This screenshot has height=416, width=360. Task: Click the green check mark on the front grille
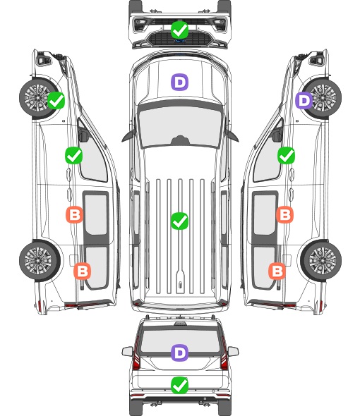pos(180,30)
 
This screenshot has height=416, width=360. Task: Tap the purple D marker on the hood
pos(179,82)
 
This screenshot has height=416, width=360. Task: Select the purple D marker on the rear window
pos(180,353)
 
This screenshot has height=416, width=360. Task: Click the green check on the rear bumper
pos(180,386)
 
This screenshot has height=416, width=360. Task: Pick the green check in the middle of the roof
pos(180,221)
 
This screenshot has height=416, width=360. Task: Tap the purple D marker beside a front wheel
pos(304,101)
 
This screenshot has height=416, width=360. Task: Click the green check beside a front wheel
pos(56,101)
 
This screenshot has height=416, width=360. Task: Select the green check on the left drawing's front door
pos(74,155)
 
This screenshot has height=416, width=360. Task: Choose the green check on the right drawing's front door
pos(286,155)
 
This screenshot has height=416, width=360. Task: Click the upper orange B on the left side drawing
pos(74,214)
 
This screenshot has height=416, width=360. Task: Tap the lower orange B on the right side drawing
pos(277,271)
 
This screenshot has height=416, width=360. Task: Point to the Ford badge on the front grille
pos(179,41)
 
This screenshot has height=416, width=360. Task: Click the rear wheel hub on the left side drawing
pos(39,261)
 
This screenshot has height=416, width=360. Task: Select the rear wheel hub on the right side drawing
pos(323,261)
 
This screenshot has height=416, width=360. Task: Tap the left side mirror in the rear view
pos(127,351)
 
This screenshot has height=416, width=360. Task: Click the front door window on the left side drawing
pos(92,157)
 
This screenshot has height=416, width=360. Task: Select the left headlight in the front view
pos(140,25)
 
